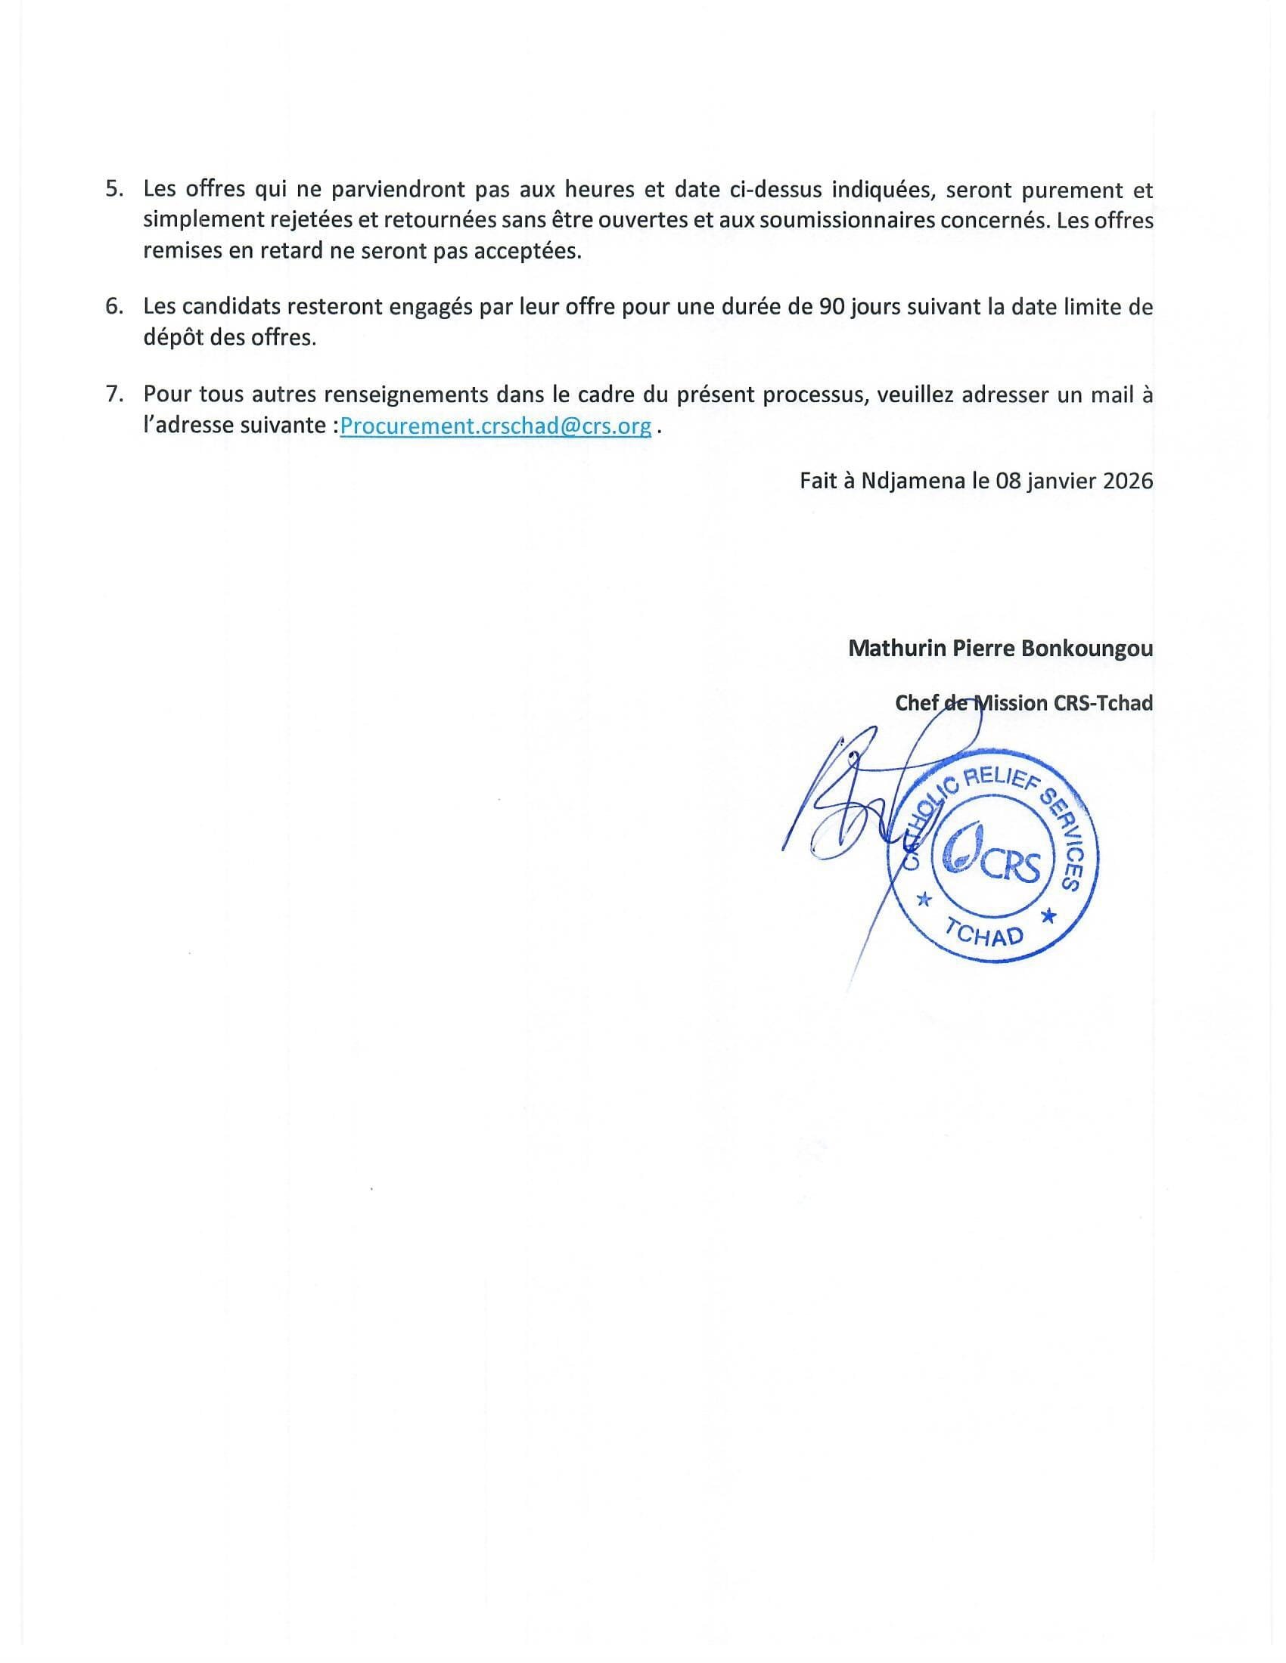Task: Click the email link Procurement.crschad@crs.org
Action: (495, 426)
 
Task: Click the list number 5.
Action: (114, 190)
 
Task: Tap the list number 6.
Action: (114, 307)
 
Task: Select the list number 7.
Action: (114, 395)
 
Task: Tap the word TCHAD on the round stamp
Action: (984, 932)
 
